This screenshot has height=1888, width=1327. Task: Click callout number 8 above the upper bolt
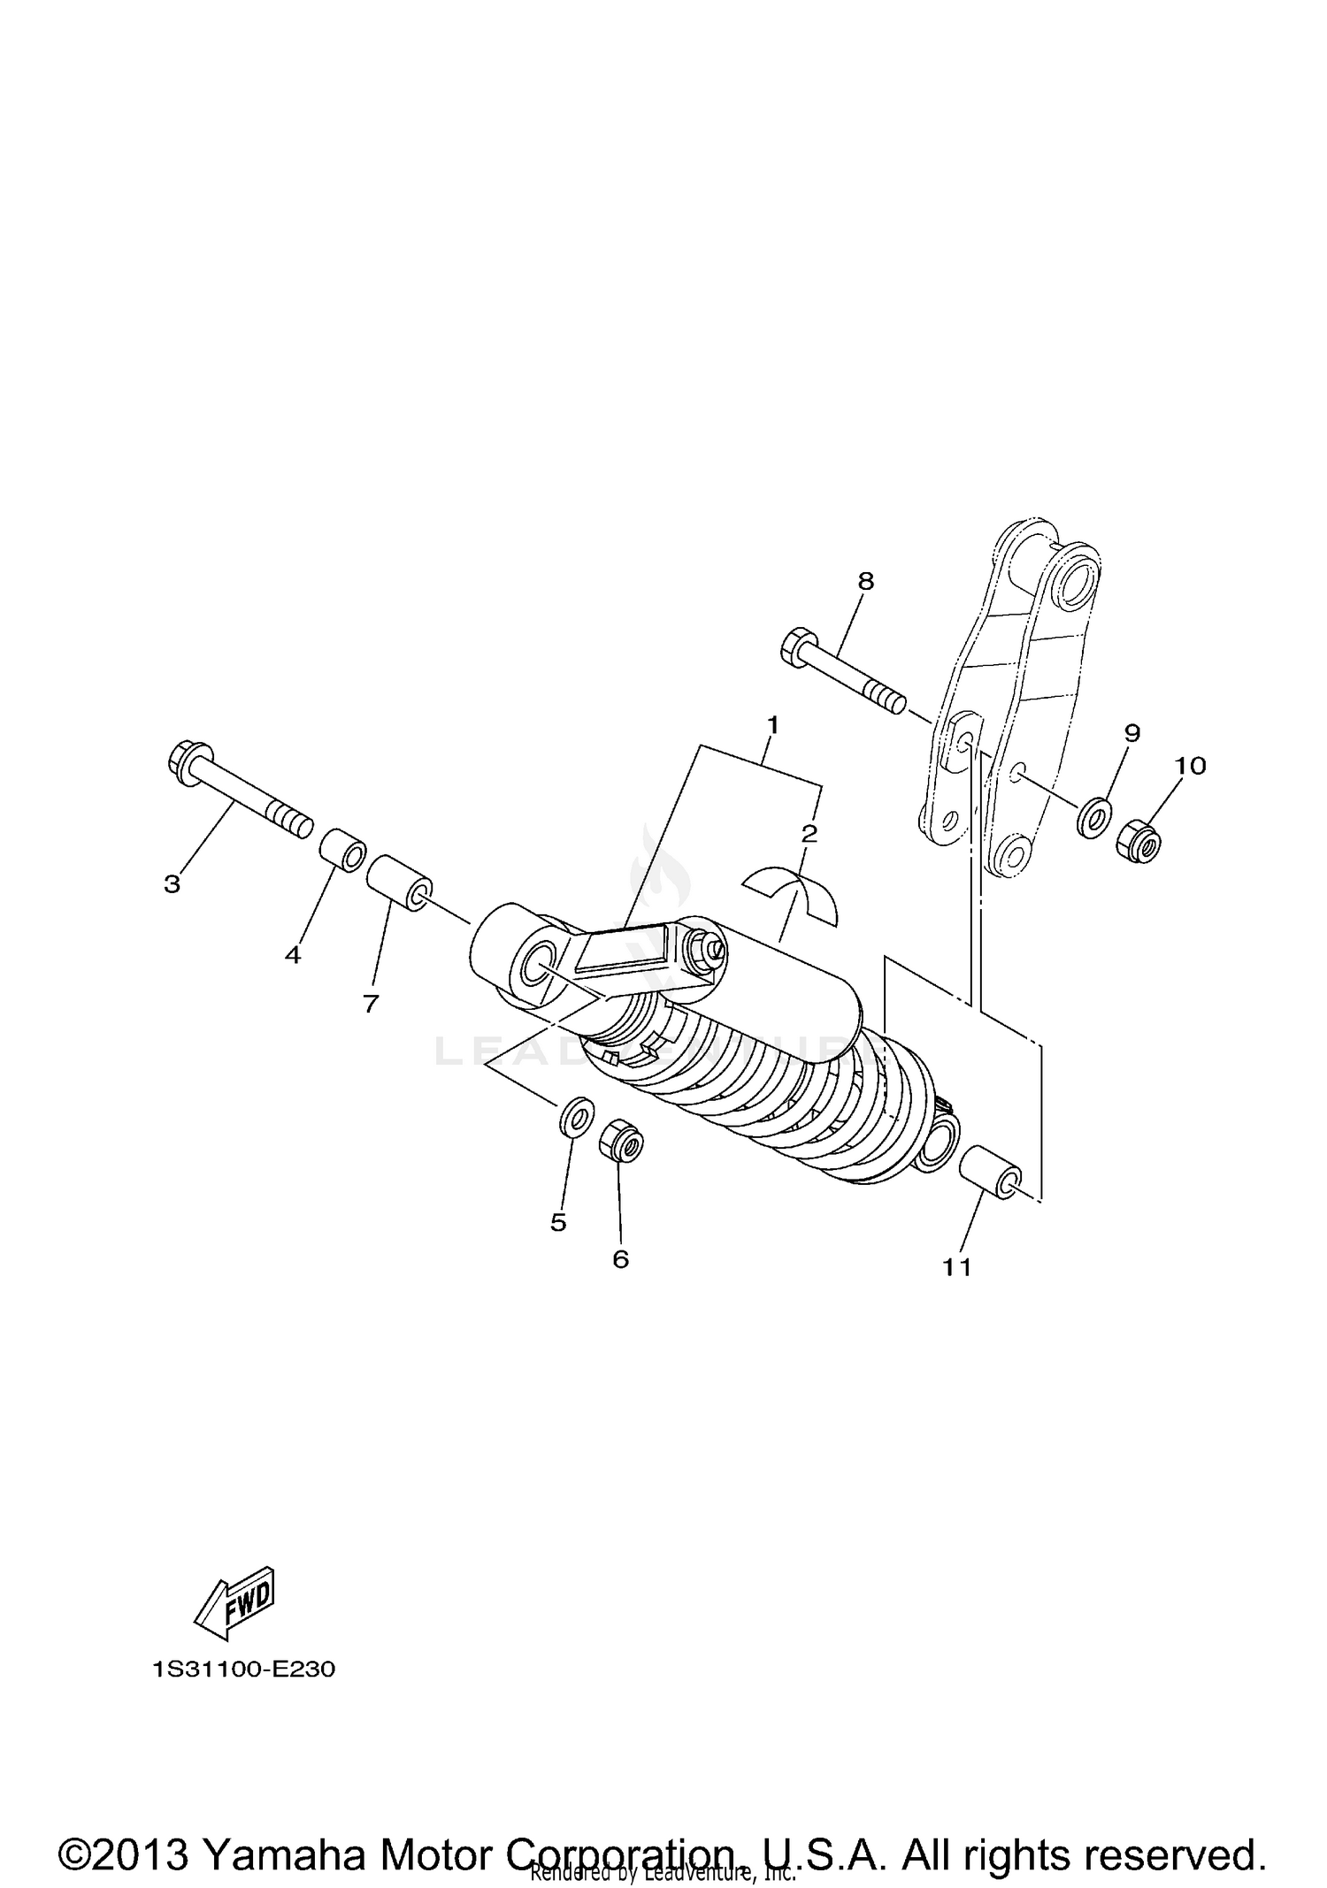[865, 581]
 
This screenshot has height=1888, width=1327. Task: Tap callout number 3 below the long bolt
[172, 883]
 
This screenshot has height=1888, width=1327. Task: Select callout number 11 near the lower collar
[957, 1267]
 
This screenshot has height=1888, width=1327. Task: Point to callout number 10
[1191, 766]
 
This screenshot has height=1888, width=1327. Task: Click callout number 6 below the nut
[620, 1258]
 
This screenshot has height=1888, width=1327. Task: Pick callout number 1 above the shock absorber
[772, 726]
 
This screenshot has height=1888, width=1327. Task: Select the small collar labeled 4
[342, 850]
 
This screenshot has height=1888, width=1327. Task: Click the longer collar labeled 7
[399, 882]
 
